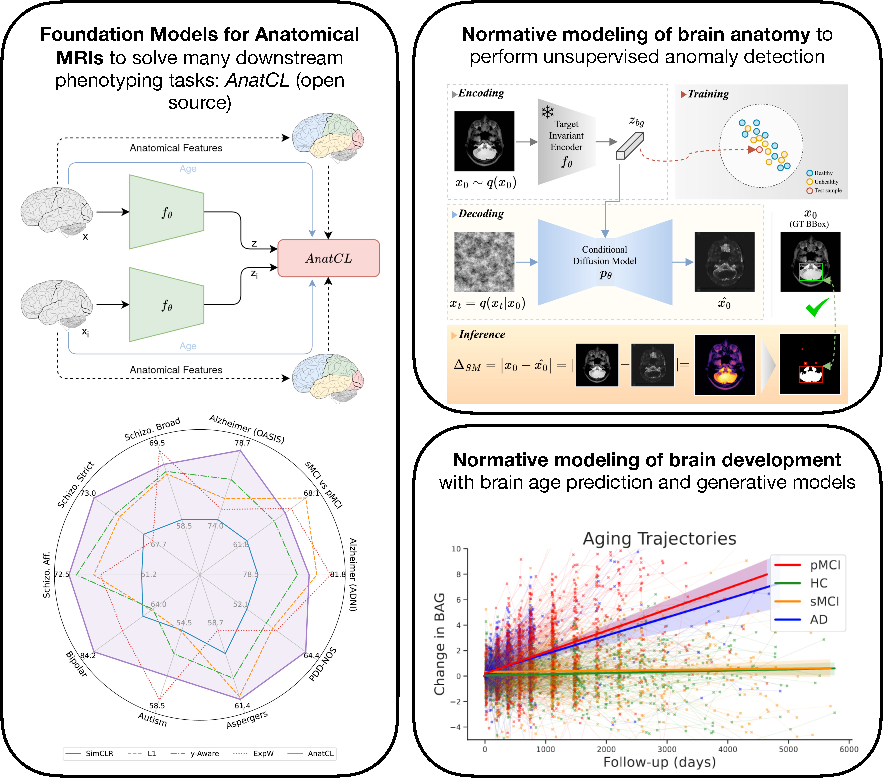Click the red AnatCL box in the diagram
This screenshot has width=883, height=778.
pos(328,258)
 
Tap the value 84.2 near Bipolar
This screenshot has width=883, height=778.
pos(88,655)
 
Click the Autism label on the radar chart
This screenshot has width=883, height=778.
pos(152,719)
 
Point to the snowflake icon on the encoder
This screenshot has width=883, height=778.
pos(548,112)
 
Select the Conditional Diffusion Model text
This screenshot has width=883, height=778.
pos(604,255)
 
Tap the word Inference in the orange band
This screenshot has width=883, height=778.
pos(482,334)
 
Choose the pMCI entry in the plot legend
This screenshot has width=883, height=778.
pos(825,565)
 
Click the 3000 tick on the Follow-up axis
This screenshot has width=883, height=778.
pos(667,749)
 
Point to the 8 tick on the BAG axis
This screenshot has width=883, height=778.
pos(459,574)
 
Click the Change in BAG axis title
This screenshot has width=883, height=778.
pos(440,644)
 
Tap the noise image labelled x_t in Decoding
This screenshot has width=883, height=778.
pos(484,261)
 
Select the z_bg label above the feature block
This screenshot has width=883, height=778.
pos(636,121)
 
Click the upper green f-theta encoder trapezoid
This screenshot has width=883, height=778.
pos(166,212)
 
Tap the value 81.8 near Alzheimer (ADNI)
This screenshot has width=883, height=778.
pos(338,574)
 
